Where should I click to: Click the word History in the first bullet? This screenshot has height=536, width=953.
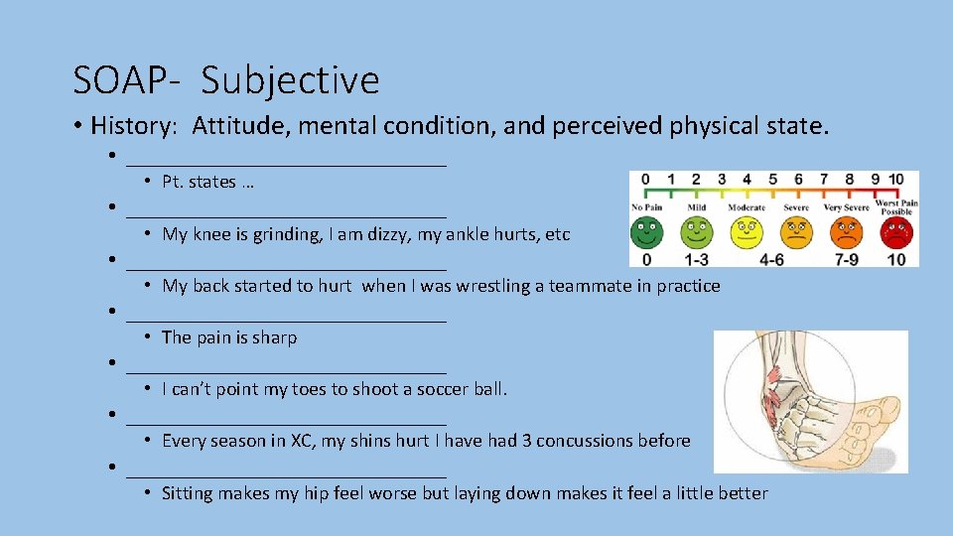tap(132, 126)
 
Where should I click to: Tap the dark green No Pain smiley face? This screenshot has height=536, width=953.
tap(646, 232)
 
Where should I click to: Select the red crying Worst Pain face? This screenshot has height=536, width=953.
tap(895, 232)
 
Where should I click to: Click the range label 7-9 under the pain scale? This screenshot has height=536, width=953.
tap(846, 259)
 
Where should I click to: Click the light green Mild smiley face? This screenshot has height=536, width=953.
tap(696, 232)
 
